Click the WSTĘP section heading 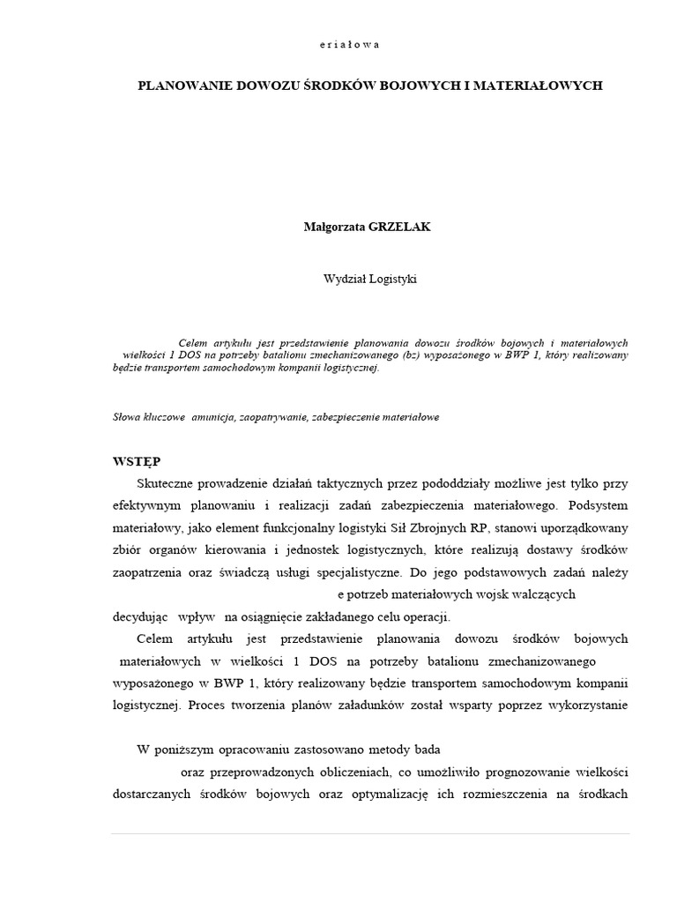click(x=137, y=462)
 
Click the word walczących click(x=538, y=594)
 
